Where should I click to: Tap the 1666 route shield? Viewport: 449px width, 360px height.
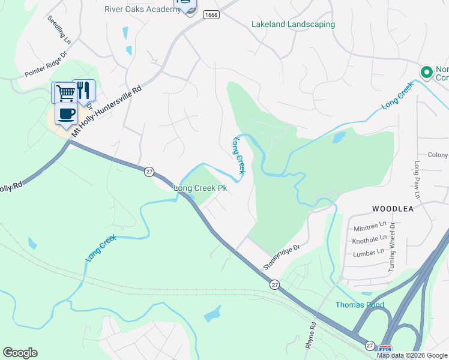(x=210, y=15)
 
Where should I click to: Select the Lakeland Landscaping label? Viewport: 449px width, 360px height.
(x=293, y=25)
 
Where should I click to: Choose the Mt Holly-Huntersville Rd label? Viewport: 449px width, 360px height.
(x=107, y=112)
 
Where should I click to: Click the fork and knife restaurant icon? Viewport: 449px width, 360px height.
(x=83, y=90)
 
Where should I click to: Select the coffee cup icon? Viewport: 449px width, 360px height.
(x=66, y=113)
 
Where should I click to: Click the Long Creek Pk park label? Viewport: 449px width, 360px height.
(x=200, y=188)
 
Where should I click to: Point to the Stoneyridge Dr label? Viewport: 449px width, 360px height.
(x=281, y=256)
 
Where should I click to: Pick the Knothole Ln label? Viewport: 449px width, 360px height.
(x=370, y=239)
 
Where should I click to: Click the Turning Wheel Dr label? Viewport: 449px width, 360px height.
(x=392, y=247)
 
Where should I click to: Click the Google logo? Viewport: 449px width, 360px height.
(x=20, y=353)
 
